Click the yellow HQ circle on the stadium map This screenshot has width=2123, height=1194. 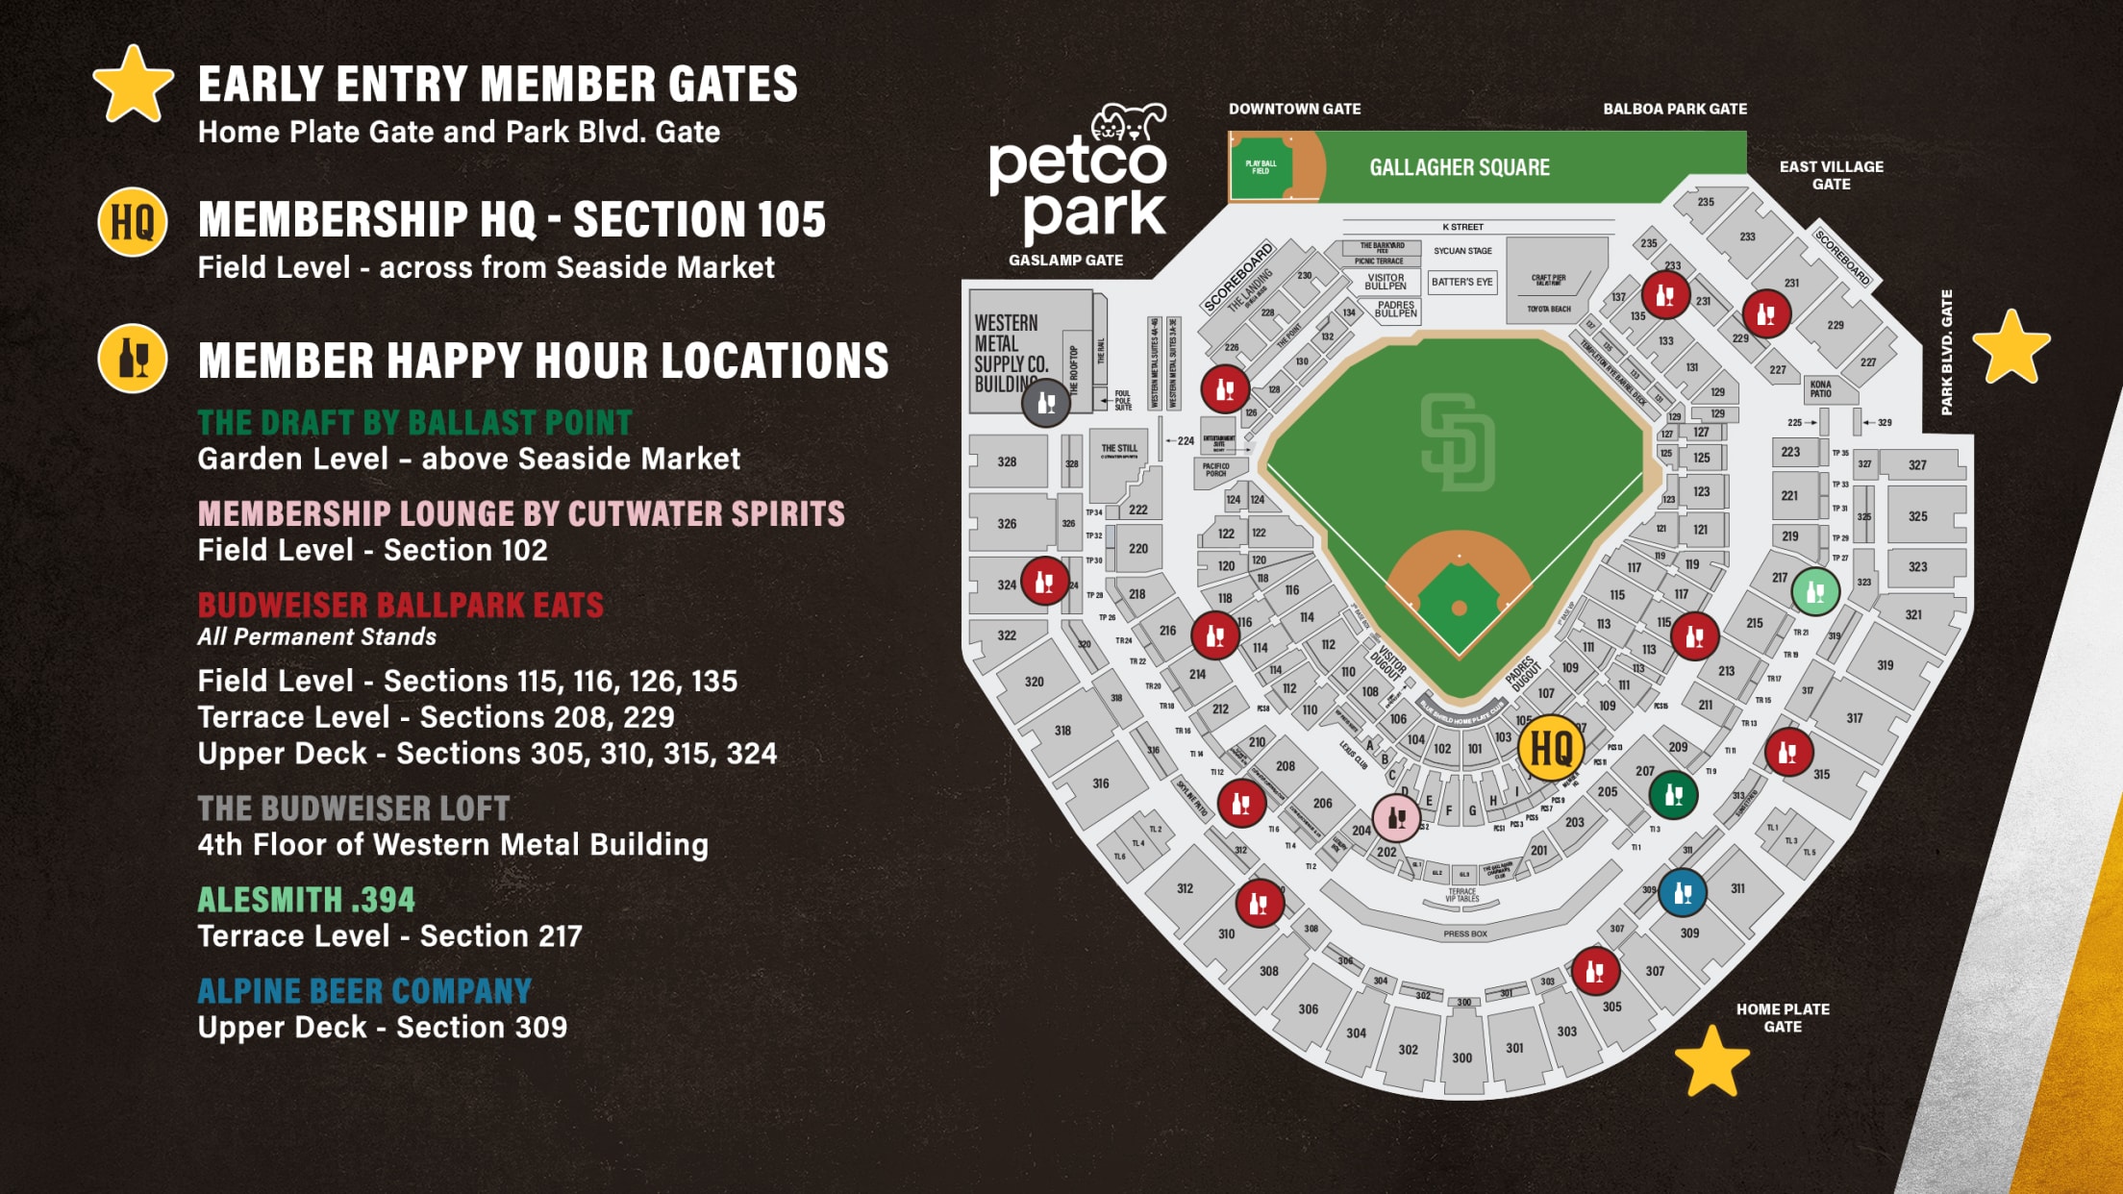pyautogui.click(x=1551, y=748)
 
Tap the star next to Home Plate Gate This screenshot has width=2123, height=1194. pyautogui.click(x=1711, y=1063)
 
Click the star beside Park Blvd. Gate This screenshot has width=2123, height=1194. pyautogui.click(x=2011, y=347)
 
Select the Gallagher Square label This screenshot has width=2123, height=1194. pyautogui.click(x=1459, y=167)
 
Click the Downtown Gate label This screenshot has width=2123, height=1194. pyautogui.click(x=1294, y=109)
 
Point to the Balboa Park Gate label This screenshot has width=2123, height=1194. pyautogui.click(x=1674, y=109)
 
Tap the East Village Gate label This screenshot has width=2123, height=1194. pyautogui.click(x=1831, y=175)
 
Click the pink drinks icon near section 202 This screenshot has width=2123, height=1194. pyautogui.click(x=1396, y=818)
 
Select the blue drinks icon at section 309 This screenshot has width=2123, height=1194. pyautogui.click(x=1683, y=893)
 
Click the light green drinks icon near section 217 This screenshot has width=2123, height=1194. pyautogui.click(x=1815, y=591)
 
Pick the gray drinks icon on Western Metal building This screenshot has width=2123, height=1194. pyautogui.click(x=1046, y=403)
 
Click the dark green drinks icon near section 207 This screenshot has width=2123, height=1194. pyautogui.click(x=1673, y=795)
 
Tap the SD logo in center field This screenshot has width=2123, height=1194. pyautogui.click(x=1458, y=442)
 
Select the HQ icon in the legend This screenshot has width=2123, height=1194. pyautogui.click(x=133, y=222)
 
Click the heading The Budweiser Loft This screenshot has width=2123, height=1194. pyautogui.click(x=354, y=808)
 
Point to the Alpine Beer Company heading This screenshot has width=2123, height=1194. pyautogui.click(x=364, y=991)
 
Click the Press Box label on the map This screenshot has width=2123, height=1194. pyautogui.click(x=1464, y=933)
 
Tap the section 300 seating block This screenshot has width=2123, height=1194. pyautogui.click(x=1461, y=1057)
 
